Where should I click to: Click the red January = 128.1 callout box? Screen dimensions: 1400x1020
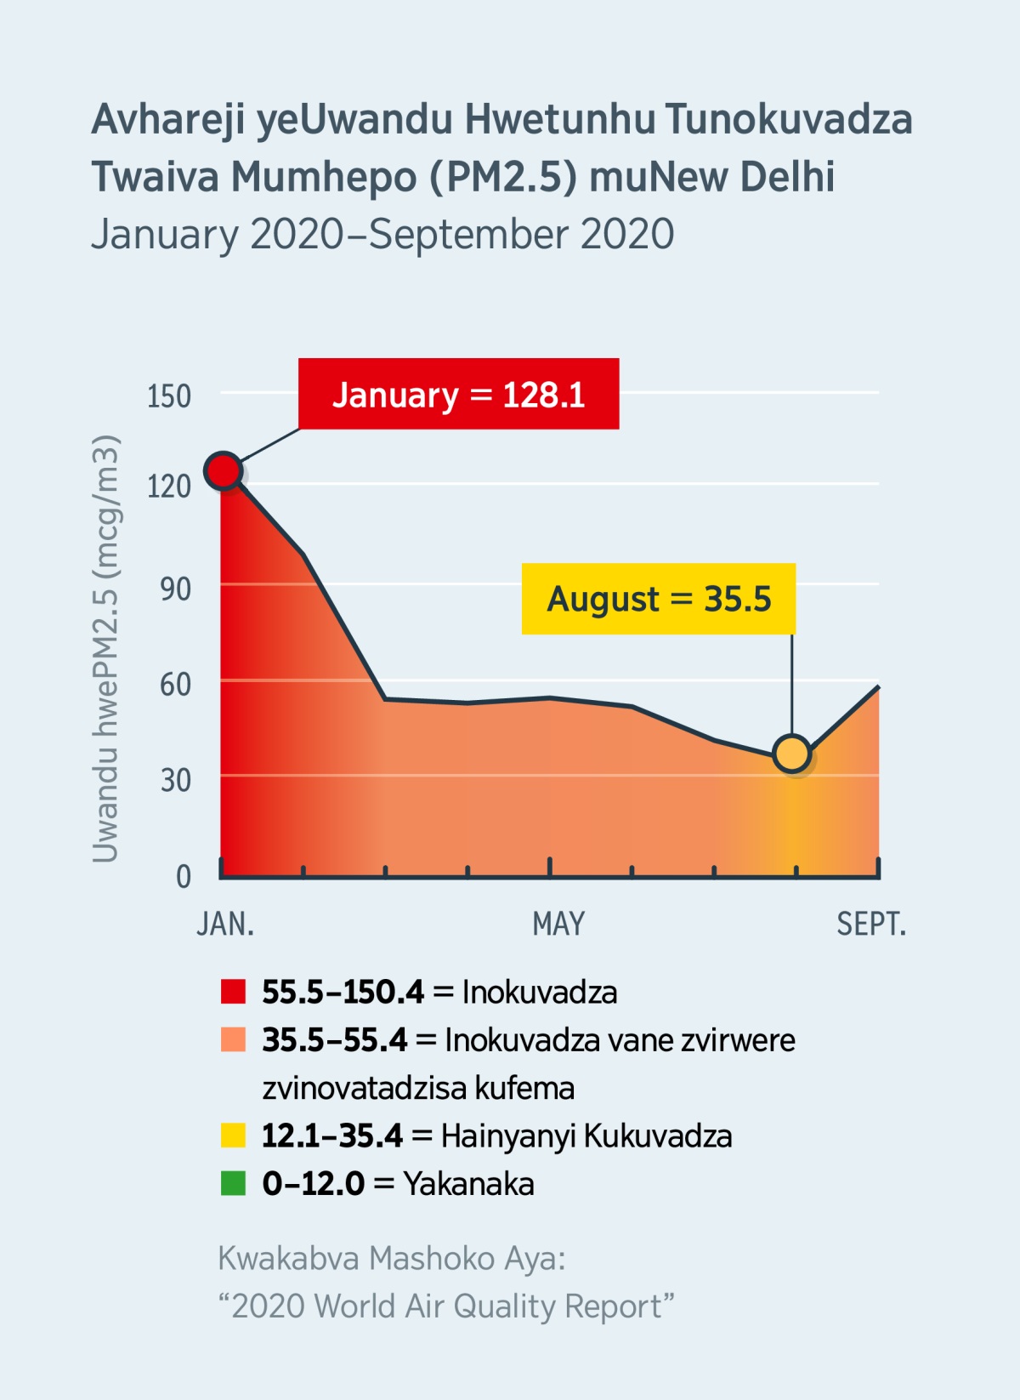(x=458, y=394)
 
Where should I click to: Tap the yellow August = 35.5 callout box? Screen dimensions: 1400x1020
(x=658, y=599)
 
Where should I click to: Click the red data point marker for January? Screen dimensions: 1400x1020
(x=224, y=470)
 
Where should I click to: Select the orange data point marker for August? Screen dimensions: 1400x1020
(x=792, y=754)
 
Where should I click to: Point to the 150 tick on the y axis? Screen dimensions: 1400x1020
(x=169, y=396)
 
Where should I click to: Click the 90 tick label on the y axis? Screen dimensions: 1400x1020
(x=175, y=589)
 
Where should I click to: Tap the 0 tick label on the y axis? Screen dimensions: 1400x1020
(x=183, y=876)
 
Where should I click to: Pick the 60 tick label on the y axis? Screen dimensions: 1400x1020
(x=175, y=685)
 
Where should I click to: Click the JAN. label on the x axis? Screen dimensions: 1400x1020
(x=225, y=924)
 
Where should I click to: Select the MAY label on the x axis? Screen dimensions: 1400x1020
(x=558, y=924)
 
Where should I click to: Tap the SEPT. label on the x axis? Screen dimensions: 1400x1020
(x=871, y=924)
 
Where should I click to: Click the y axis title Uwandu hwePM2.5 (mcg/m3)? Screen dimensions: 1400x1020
(x=105, y=648)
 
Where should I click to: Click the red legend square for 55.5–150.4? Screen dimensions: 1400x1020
(x=233, y=992)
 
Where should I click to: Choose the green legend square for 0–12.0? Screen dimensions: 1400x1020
(x=233, y=1183)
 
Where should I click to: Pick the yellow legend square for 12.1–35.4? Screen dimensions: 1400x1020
(x=233, y=1135)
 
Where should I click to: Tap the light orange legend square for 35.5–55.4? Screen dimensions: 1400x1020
(x=233, y=1039)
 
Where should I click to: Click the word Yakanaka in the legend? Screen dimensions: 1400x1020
(x=468, y=1184)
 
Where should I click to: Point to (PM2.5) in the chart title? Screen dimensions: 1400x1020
(x=503, y=177)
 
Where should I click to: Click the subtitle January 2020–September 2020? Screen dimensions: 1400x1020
(x=382, y=235)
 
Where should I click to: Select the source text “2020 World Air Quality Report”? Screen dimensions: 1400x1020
(x=446, y=1306)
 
